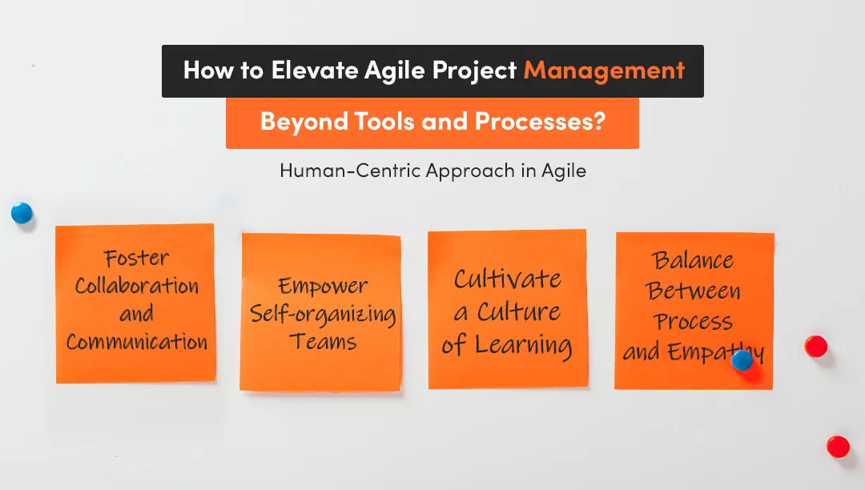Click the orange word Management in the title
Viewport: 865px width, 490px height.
(604, 70)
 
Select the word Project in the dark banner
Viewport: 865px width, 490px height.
(475, 71)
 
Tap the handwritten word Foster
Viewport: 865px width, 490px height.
(136, 258)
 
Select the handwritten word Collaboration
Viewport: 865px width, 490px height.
(136, 286)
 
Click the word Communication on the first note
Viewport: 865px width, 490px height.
(136, 342)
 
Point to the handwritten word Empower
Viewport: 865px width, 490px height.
(323, 286)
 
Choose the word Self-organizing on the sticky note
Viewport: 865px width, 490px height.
(323, 314)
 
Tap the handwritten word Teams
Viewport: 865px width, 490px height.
(323, 342)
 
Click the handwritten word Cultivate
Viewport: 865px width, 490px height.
(507, 279)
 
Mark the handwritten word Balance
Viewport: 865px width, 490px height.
(693, 260)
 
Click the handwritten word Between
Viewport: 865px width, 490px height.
(694, 291)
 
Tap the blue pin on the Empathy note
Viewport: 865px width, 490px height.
(742, 360)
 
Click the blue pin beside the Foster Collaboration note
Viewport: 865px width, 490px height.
(22, 213)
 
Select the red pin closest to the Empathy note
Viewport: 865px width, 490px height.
(815, 346)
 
